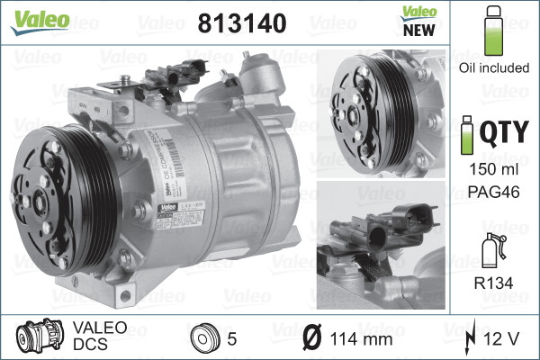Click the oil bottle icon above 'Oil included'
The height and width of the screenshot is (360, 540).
click(x=492, y=32)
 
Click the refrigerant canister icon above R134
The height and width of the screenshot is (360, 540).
click(x=491, y=249)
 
